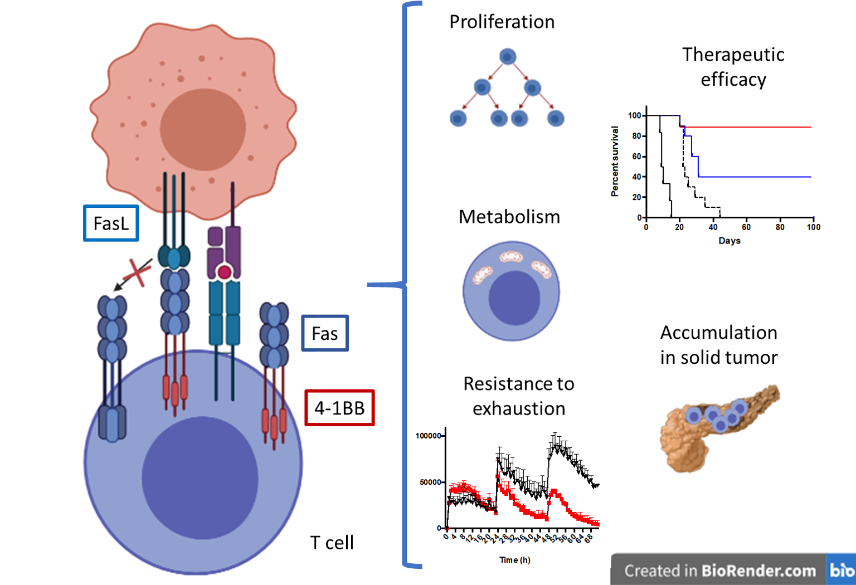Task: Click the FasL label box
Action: click(111, 223)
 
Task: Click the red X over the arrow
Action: click(137, 272)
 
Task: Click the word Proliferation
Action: click(502, 22)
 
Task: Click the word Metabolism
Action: click(509, 217)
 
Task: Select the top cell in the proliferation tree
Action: click(507, 57)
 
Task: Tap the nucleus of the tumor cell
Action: click(203, 129)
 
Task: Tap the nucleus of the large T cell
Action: click(200, 477)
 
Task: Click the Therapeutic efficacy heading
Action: click(733, 67)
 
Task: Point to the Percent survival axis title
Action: click(615, 162)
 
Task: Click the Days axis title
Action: click(729, 241)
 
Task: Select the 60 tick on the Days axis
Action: click(746, 227)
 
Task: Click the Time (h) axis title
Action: click(514, 560)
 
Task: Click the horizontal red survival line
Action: click(752, 128)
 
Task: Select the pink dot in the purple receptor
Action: click(224, 272)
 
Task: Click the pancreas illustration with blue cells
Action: click(719, 426)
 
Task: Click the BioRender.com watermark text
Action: click(719, 571)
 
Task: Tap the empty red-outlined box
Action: click(339, 408)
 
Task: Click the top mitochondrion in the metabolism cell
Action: click(511, 257)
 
